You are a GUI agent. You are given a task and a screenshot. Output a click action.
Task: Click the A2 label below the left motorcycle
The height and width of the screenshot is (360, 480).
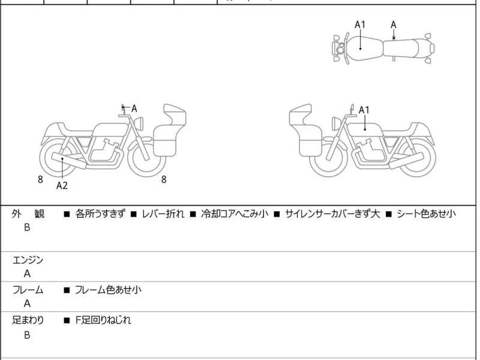pyautogui.click(x=62, y=185)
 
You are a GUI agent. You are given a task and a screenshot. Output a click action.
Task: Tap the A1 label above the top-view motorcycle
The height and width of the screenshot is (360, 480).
pyautogui.click(x=360, y=25)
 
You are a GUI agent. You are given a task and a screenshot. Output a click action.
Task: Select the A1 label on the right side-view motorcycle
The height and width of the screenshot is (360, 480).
pyautogui.click(x=364, y=110)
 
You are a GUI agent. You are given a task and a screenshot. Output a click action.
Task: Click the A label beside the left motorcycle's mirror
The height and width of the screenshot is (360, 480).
pyautogui.click(x=134, y=109)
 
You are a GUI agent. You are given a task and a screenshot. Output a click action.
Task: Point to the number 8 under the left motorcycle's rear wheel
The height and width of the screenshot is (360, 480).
pyautogui.click(x=40, y=179)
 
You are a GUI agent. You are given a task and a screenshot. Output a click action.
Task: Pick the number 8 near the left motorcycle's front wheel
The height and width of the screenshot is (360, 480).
pyautogui.click(x=164, y=179)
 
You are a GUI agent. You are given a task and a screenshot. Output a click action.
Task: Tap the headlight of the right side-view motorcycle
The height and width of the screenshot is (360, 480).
pyautogui.click(x=335, y=124)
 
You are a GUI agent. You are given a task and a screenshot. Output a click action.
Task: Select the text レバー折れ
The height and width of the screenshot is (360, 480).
pyautogui.click(x=163, y=214)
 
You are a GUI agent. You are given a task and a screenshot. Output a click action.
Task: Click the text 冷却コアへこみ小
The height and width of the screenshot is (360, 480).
pyautogui.click(x=235, y=214)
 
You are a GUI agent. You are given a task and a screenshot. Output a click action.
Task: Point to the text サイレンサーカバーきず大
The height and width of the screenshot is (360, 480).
pyautogui.click(x=332, y=214)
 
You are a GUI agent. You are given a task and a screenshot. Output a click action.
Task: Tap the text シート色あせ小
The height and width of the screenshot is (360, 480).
pyautogui.click(x=427, y=214)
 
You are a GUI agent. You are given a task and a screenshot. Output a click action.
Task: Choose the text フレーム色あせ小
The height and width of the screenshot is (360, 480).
pyautogui.click(x=108, y=290)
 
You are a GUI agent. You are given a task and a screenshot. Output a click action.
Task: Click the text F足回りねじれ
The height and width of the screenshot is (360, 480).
pyautogui.click(x=103, y=320)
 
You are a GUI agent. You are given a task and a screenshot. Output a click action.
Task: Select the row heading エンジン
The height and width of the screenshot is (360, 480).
pyautogui.click(x=28, y=260)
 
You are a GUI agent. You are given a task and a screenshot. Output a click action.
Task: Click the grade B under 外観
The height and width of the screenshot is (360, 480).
pyautogui.click(x=27, y=227)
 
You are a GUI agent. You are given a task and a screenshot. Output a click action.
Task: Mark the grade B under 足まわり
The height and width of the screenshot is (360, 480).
pyautogui.click(x=27, y=335)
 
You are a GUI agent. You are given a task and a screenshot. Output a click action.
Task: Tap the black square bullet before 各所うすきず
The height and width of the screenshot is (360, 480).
pyautogui.click(x=67, y=214)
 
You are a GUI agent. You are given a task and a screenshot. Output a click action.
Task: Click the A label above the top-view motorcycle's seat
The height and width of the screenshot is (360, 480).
pyautogui.click(x=394, y=25)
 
